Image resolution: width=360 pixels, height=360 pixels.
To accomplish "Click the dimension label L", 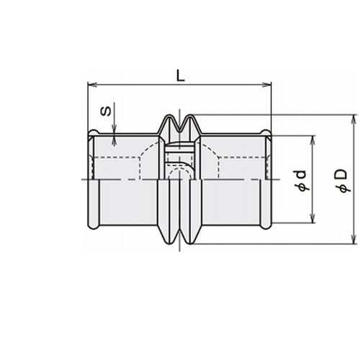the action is pyautogui.click(x=181, y=76).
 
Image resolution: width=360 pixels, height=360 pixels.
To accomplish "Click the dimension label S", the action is pyautogui.click(x=106, y=111).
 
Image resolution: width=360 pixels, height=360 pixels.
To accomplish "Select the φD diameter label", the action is pyautogui.click(x=341, y=181).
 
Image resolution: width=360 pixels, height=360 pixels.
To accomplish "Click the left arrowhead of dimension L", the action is pyautogui.click(x=92, y=84).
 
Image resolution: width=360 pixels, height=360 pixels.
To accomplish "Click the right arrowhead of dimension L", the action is pyautogui.click(x=266, y=84).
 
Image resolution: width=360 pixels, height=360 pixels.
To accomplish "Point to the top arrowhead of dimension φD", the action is pyautogui.click(x=354, y=120).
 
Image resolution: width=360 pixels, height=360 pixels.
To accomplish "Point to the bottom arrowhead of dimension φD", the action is pyautogui.click(x=354, y=240).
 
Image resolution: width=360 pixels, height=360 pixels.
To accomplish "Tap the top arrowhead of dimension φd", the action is pyautogui.click(x=312, y=140).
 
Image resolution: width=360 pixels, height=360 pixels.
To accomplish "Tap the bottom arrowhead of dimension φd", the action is pyautogui.click(x=312, y=218).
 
